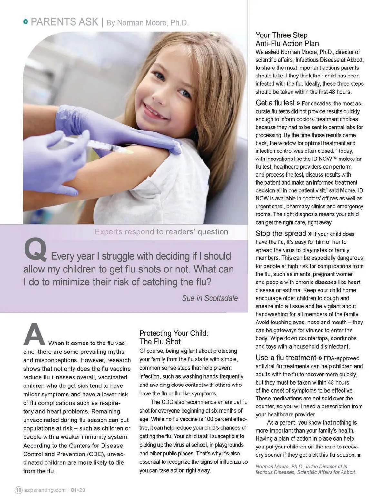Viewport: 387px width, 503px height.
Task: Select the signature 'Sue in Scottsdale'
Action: pyautogui.click(x=210, y=298)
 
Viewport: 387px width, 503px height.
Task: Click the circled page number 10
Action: pyautogui.click(x=19, y=490)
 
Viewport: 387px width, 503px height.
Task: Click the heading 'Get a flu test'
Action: pyautogui.click(x=275, y=103)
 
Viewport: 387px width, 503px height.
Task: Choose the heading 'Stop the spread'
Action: pyautogui.click(x=281, y=233)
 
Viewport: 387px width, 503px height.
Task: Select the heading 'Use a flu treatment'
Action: pyautogui.click(x=286, y=358)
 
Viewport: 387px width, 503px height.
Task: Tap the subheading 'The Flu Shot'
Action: pyautogui.click(x=160, y=342)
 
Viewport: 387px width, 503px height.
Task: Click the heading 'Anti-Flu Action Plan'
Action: pyautogui.click(x=287, y=44)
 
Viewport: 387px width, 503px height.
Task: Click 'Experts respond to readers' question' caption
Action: pyautogui.click(x=161, y=232)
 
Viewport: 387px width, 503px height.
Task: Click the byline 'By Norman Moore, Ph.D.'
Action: pyautogui.click(x=147, y=23)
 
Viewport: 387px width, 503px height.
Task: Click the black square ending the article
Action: pyautogui.click(x=359, y=455)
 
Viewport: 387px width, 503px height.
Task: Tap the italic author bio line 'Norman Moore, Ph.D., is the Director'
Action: pyautogui.click(x=302, y=467)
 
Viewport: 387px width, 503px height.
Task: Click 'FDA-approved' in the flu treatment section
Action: pyautogui.click(x=342, y=358)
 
